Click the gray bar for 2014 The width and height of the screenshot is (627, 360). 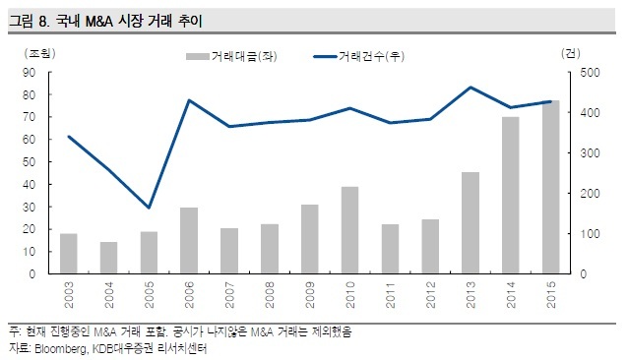click(511, 196)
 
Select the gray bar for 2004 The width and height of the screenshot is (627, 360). click(108, 258)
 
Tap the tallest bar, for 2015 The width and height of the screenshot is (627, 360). click(550, 187)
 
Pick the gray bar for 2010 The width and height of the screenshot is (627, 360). click(349, 230)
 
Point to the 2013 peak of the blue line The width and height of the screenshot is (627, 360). click(470, 88)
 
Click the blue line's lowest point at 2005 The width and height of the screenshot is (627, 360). click(149, 208)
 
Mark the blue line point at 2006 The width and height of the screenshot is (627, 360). click(189, 100)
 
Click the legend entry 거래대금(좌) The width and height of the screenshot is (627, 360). click(231, 56)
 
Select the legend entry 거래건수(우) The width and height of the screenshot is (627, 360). click(358, 56)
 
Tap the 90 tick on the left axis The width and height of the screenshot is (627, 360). click(30, 73)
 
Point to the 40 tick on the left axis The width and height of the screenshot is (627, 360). click(30, 185)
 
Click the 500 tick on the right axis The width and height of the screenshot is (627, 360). click(590, 73)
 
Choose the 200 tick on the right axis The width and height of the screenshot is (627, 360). click(590, 194)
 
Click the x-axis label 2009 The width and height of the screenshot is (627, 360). click(310, 295)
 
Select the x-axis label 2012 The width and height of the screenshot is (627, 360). click(430, 295)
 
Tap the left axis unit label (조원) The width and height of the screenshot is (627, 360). click(39, 53)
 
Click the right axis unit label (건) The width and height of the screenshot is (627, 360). click(571, 53)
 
